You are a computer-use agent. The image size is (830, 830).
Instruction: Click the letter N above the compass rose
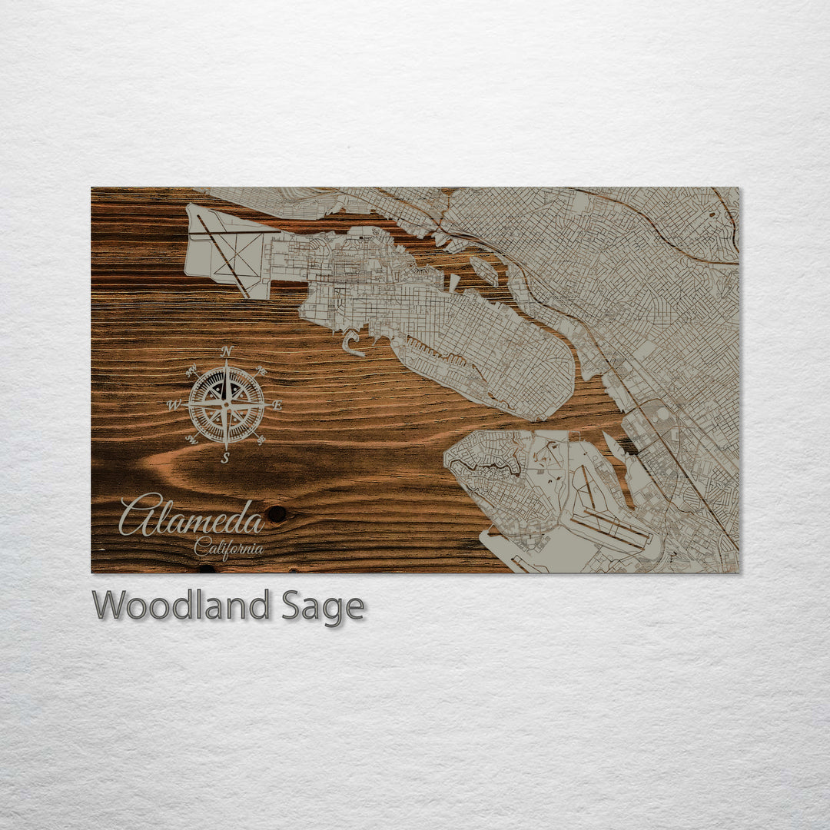(x=226, y=351)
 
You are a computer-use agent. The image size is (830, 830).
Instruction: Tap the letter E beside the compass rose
(x=277, y=405)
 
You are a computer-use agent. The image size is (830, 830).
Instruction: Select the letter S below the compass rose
(x=225, y=458)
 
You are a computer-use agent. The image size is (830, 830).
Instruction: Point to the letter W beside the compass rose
(x=173, y=405)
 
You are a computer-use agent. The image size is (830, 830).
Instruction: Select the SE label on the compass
(x=261, y=440)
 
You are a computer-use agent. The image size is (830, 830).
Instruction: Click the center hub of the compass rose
(x=226, y=404)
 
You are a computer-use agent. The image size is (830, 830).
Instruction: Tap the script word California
(x=228, y=549)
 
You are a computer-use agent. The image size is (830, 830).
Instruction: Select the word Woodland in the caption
(x=181, y=606)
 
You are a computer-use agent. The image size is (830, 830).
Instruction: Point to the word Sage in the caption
(x=323, y=606)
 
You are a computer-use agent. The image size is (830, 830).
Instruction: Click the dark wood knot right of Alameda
(x=276, y=513)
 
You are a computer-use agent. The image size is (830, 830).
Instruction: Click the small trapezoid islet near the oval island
(x=455, y=281)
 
